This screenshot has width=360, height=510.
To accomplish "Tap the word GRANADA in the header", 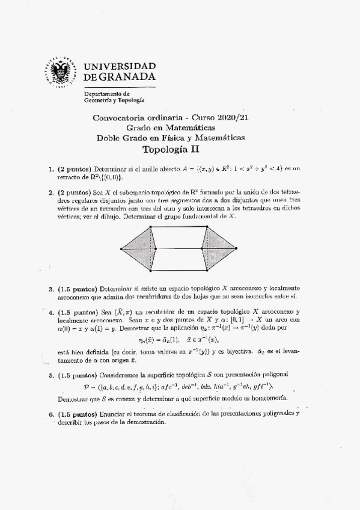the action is pos(126,77).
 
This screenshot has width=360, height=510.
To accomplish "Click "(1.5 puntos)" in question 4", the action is pos(78,313).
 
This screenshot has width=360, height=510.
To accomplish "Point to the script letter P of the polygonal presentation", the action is pos(87,386).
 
